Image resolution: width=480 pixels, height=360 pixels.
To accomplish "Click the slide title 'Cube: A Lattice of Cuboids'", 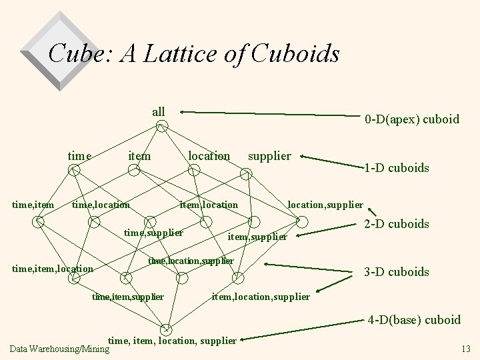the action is (x=194, y=53).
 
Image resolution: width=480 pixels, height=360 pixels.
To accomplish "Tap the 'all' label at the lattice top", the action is (x=159, y=111).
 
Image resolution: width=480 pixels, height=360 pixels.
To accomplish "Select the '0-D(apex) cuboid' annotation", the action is (x=412, y=120).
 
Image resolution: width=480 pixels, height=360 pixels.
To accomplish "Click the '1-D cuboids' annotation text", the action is (x=396, y=168).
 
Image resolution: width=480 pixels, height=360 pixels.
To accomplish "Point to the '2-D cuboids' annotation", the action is (x=396, y=224).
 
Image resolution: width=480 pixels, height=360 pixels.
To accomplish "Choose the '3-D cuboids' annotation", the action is (x=396, y=271).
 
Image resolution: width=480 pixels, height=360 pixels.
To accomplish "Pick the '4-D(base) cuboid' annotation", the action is (x=414, y=320).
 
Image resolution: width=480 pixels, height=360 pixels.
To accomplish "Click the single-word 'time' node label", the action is (x=79, y=156).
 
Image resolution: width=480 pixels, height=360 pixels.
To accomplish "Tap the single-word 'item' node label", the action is (x=139, y=156).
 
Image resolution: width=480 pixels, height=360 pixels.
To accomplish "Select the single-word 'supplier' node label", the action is (x=269, y=156).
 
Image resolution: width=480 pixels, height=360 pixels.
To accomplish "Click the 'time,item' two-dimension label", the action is (x=33, y=205).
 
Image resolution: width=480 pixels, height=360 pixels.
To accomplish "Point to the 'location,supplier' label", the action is (x=325, y=205).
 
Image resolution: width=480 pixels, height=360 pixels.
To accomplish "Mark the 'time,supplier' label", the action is (x=153, y=233).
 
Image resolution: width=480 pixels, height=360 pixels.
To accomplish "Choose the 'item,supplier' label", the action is (x=257, y=237).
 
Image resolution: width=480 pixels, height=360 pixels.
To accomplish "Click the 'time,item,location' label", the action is (x=53, y=269).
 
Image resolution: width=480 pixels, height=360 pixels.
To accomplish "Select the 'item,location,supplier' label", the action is (x=261, y=297).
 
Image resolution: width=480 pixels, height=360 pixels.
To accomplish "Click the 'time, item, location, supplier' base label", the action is (x=172, y=341).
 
